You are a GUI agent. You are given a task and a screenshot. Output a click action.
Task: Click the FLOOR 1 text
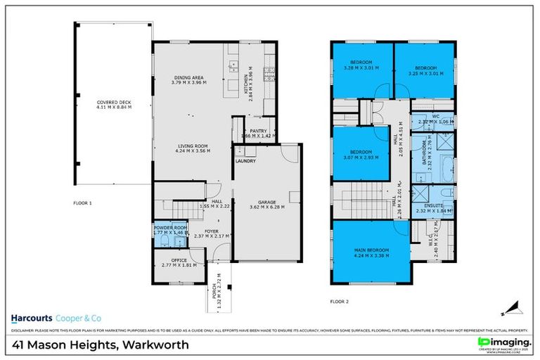83,202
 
